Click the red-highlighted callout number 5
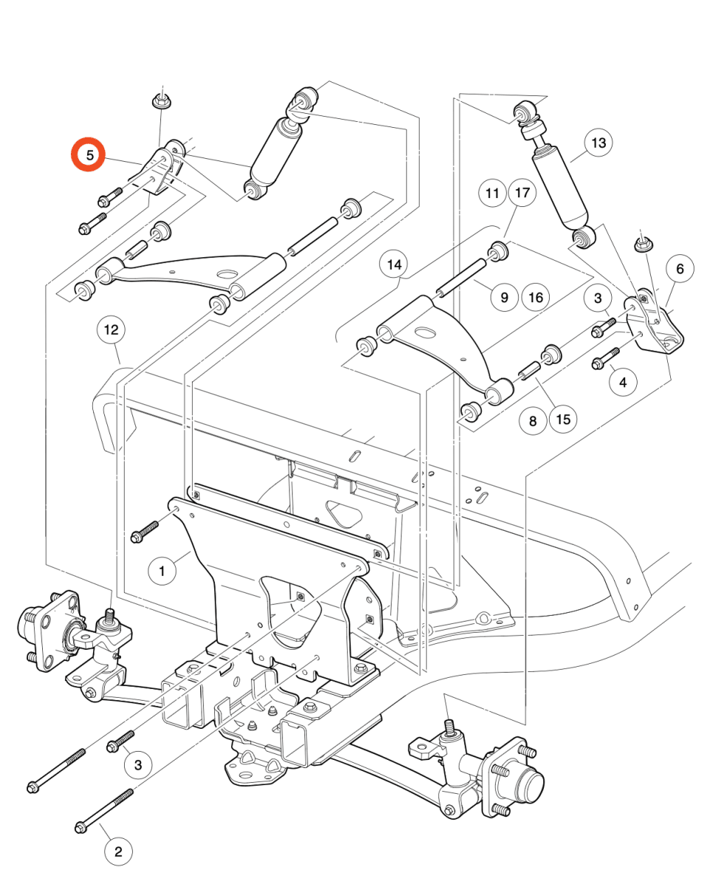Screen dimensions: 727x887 88,154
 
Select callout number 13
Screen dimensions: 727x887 598,143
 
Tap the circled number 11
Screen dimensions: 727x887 492,193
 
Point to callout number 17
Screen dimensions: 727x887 522,192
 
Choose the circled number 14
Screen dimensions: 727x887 394,265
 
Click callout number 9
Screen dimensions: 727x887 505,297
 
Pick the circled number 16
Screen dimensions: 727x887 536,297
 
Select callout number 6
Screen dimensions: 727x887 680,269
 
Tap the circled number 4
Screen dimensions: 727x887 623,382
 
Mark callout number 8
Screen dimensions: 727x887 533,421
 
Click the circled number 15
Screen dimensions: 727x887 563,419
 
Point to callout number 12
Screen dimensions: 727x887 112,330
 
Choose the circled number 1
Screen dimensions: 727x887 163,571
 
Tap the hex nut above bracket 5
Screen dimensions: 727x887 162,101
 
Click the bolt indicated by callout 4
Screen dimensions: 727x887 606,358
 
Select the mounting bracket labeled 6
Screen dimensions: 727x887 653,324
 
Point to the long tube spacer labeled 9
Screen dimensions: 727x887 462,278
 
